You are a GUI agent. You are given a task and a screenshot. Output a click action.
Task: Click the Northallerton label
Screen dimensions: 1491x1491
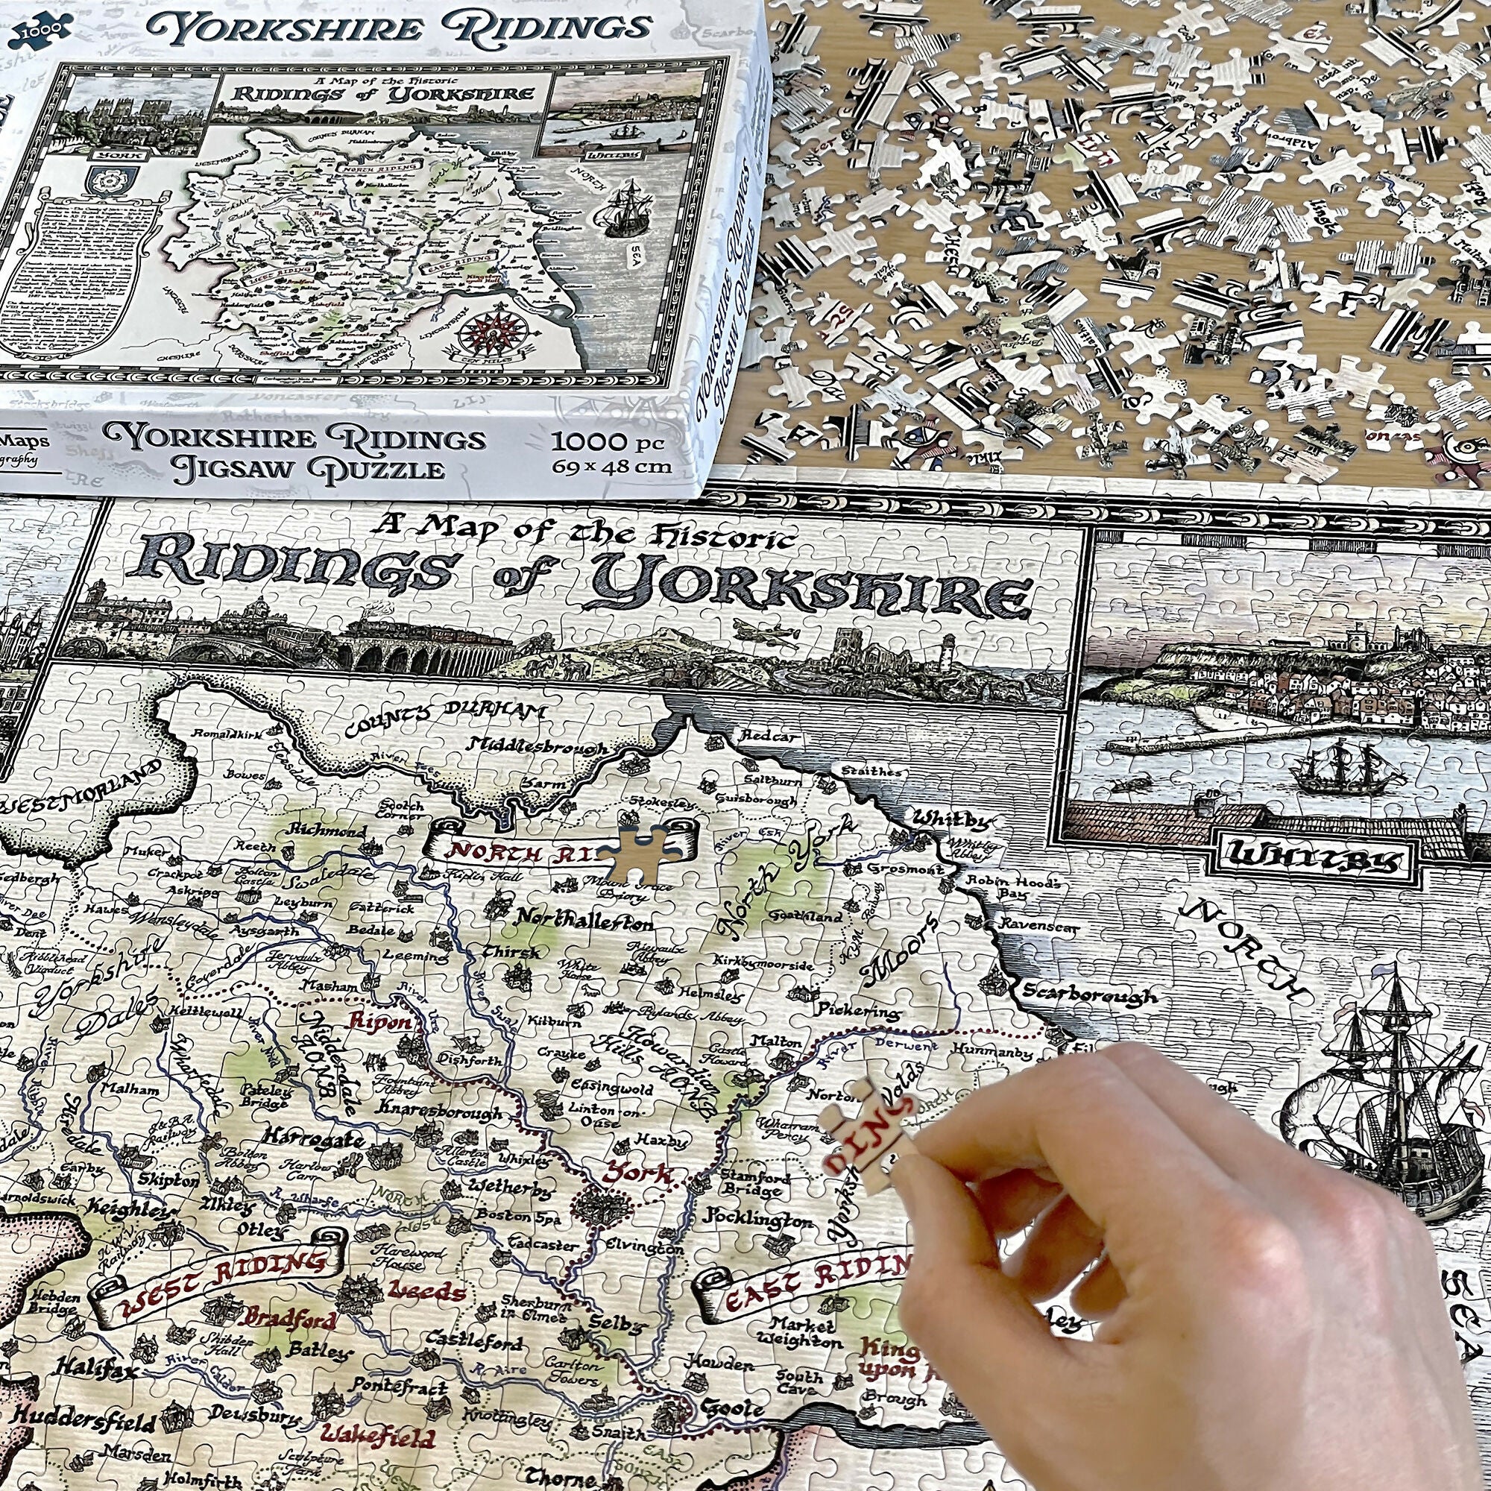tap(584, 920)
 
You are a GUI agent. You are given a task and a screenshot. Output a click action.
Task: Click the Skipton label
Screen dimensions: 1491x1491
tap(169, 1180)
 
